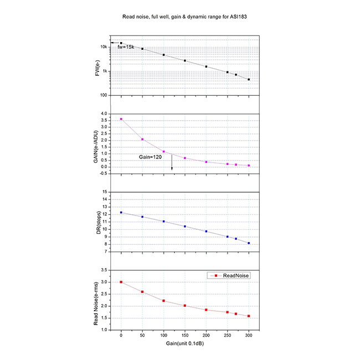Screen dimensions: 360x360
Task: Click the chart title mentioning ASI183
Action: [x=179, y=17]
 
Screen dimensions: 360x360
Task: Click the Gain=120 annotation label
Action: [x=150, y=158]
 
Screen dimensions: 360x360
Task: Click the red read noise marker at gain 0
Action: [x=121, y=282]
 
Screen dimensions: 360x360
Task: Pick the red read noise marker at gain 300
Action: [x=249, y=316]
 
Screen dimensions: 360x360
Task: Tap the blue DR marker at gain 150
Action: [x=185, y=227]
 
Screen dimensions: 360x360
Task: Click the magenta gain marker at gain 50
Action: [x=142, y=139]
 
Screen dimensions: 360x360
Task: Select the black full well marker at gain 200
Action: [x=206, y=66]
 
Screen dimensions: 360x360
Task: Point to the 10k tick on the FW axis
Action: [x=104, y=47]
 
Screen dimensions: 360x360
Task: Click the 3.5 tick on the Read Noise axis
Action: [x=105, y=270]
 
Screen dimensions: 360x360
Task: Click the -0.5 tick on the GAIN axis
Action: [x=103, y=173]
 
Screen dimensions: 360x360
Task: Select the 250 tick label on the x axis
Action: [x=227, y=336]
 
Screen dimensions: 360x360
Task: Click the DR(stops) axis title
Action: [x=97, y=223]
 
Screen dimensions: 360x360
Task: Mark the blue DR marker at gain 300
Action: [x=249, y=243]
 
